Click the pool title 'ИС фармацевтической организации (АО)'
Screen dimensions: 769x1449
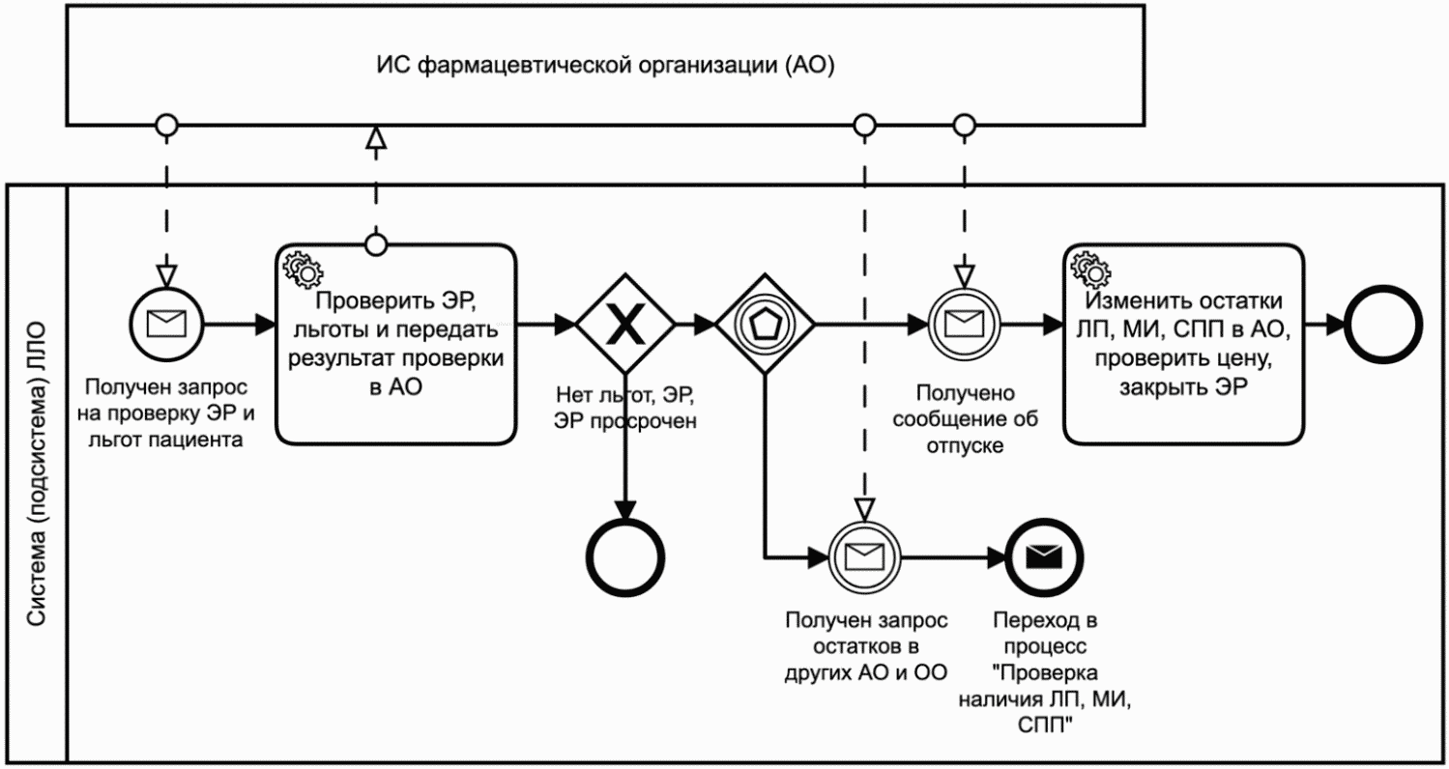click(605, 66)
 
